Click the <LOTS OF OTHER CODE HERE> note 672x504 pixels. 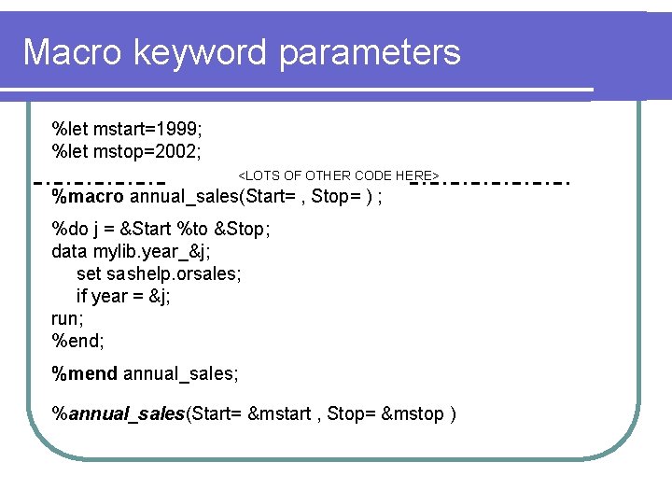tap(339, 175)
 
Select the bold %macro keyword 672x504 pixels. tap(88, 197)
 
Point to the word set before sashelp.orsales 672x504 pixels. tap(89, 273)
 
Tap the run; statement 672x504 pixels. tap(67, 318)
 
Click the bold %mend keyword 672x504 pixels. tap(85, 374)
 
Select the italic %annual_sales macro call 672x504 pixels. tap(119, 414)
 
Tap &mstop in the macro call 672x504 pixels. tap(413, 414)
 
